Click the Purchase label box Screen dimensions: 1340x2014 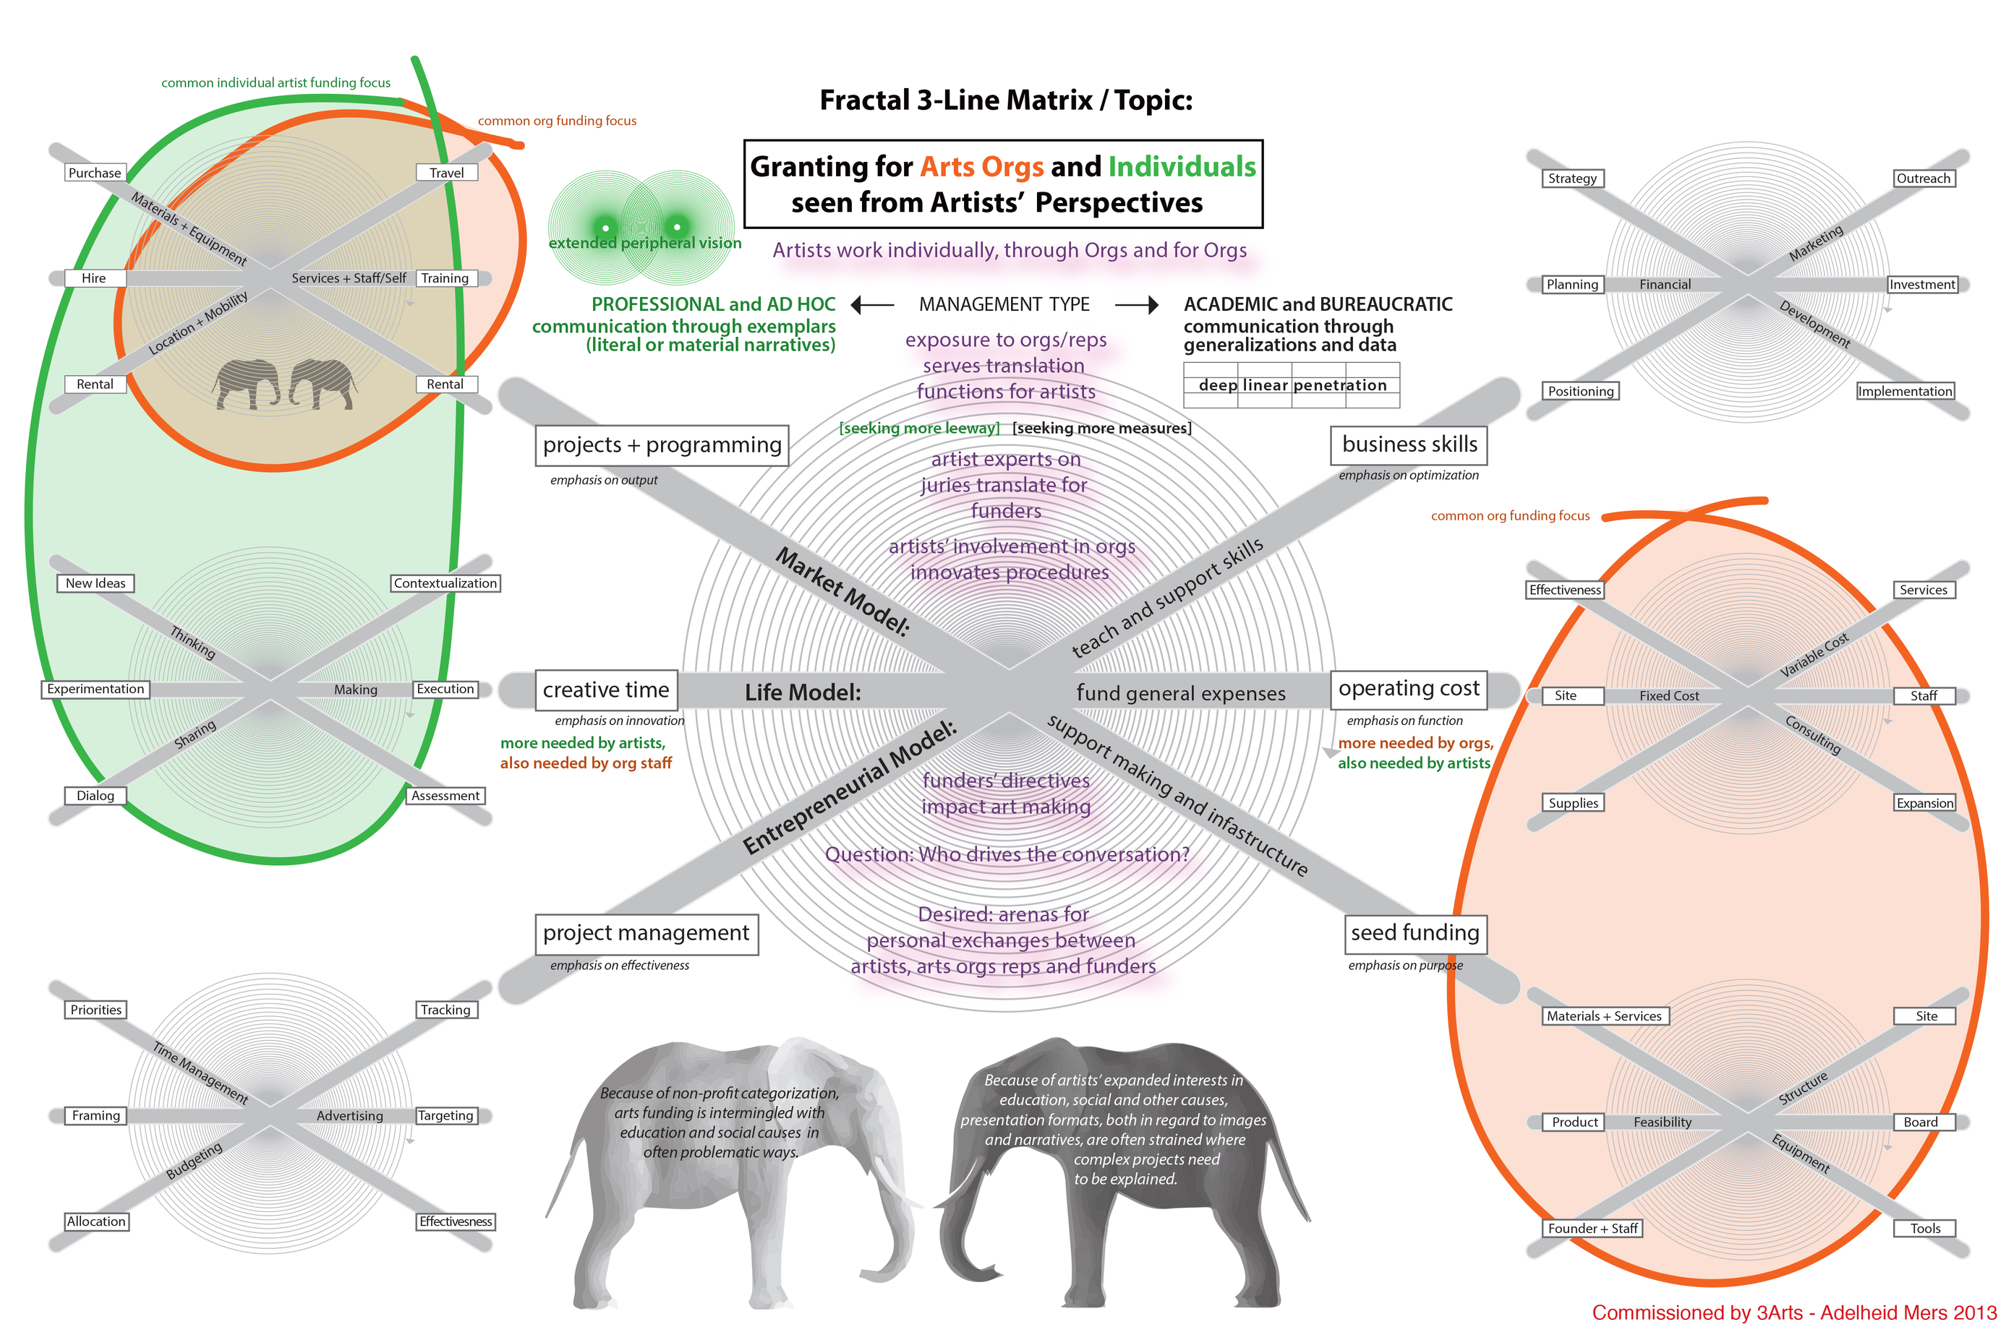point(94,173)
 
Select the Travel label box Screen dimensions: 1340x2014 point(446,173)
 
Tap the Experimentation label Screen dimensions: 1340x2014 point(95,689)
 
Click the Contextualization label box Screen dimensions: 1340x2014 point(445,583)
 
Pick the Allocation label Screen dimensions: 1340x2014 point(95,1221)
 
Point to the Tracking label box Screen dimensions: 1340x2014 point(445,1009)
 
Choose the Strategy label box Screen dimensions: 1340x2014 point(1571,178)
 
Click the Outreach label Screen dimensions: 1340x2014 point(1923,178)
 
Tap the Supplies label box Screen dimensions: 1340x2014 point(1573,802)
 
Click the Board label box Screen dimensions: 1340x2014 point(1920,1122)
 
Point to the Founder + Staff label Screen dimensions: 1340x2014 point(1592,1228)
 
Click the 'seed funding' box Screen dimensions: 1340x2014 point(1414,932)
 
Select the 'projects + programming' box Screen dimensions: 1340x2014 point(662,444)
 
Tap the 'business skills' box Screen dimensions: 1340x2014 point(1409,444)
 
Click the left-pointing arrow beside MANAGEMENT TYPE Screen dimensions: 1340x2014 point(872,304)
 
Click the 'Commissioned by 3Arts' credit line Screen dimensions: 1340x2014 point(1793,1313)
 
